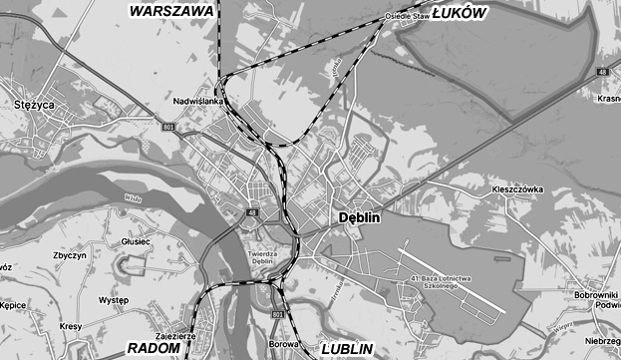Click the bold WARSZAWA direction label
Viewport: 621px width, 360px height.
(x=172, y=10)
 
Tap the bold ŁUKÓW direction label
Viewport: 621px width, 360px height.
(x=459, y=12)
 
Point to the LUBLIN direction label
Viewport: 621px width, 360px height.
(x=347, y=349)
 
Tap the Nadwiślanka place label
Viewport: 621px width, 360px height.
(x=201, y=102)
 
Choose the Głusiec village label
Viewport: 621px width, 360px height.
(x=135, y=241)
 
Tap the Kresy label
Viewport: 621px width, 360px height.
(x=71, y=326)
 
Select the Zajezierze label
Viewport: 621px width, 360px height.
(x=175, y=337)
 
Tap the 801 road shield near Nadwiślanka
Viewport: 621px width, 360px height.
(x=167, y=128)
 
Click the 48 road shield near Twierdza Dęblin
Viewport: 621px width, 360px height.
(x=249, y=211)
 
